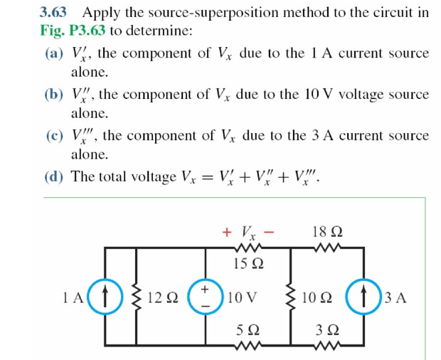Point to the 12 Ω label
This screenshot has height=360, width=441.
click(x=162, y=298)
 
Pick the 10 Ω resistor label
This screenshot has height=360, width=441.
click(x=317, y=298)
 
